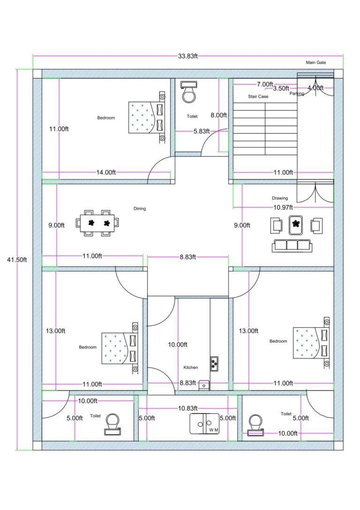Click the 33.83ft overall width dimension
coord(187,56)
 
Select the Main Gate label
coord(315,62)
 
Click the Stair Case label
coord(258,97)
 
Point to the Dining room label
coord(139,209)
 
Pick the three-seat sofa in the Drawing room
coord(292,244)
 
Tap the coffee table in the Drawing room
coord(295,224)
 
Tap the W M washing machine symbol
coord(204,424)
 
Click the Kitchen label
coord(190,367)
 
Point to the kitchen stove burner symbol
coord(214,362)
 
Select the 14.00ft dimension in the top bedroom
coord(106,172)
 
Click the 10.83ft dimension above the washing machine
coord(188,408)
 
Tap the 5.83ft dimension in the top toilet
coord(202,131)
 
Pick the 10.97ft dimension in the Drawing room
coord(283,207)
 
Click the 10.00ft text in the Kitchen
coord(178,344)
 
